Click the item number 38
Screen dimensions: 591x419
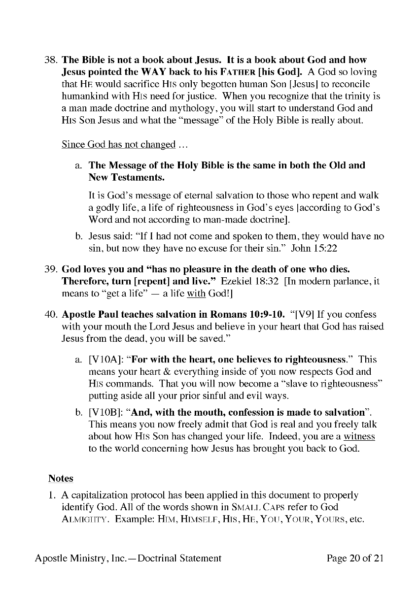[x=51, y=60]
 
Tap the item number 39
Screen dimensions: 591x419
[x=51, y=270]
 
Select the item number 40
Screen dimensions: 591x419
[x=51, y=314]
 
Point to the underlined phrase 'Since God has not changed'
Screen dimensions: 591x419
[x=118, y=144]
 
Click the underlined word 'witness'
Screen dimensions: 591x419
[x=359, y=436]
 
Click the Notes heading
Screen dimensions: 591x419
[x=61, y=478]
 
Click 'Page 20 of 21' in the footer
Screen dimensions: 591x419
[x=355, y=558]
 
